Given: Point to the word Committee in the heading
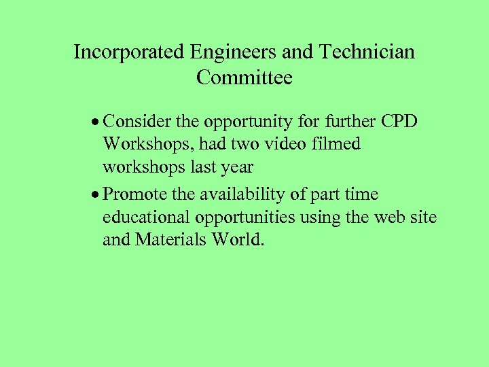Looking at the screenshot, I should [x=244, y=77].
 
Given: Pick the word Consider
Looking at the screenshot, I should [x=139, y=122].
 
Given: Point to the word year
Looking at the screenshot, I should [x=237, y=168].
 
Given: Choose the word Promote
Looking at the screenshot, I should [x=137, y=194].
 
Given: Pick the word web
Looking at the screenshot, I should [x=385, y=217].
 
